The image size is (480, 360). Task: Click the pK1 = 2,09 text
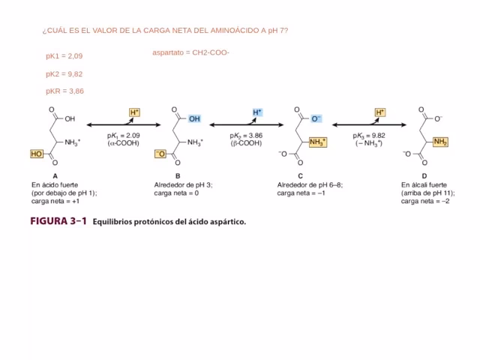(64, 56)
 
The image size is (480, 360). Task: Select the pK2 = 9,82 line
(64, 74)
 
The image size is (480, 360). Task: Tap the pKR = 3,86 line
(65, 91)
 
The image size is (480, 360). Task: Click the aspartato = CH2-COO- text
(190, 52)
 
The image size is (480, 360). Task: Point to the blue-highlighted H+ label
(257, 112)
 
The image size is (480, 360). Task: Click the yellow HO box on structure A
(37, 154)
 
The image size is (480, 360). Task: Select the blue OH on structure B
(194, 118)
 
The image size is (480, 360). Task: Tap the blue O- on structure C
(316, 118)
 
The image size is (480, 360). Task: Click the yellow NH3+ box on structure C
(318, 142)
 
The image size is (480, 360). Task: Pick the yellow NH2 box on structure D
(440, 142)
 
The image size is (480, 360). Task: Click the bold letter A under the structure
(55, 176)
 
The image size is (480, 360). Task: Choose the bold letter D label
(424, 176)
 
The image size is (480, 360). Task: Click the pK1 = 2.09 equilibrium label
(123, 136)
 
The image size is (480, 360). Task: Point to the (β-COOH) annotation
(246, 143)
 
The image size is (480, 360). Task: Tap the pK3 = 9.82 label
(369, 136)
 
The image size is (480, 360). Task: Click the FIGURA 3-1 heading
(58, 221)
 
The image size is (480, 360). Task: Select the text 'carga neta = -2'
(425, 202)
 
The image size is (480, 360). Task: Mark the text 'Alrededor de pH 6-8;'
(310, 185)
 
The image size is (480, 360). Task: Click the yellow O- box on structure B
(160, 154)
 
